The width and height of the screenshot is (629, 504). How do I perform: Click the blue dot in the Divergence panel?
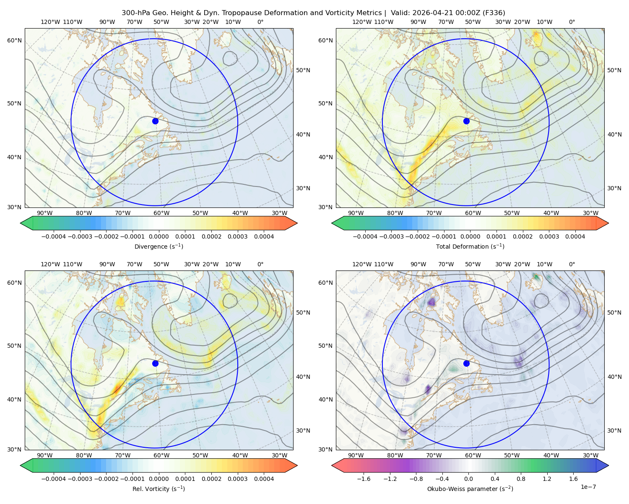coord(155,121)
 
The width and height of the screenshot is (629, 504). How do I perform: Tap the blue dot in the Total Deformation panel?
coord(466,121)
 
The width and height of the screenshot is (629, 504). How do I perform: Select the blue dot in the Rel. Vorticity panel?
coord(155,363)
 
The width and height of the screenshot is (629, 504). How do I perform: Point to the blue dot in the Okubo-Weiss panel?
coord(466,363)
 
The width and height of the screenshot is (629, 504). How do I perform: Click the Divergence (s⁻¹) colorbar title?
coord(159,246)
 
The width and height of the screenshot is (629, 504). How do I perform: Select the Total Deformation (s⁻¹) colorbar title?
coord(470,246)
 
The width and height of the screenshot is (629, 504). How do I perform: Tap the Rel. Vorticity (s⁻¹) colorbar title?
coord(159,488)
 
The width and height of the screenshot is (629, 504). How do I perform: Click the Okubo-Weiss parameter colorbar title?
coord(470,488)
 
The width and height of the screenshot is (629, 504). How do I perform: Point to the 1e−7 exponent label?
coord(588,487)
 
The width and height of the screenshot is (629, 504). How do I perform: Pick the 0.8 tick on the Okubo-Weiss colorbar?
coord(521,478)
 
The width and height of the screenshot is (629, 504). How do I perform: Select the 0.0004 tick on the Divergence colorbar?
coord(264,236)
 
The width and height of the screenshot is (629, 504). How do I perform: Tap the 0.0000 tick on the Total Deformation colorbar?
coord(470,236)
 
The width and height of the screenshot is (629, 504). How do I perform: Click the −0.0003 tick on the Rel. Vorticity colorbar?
coord(80,478)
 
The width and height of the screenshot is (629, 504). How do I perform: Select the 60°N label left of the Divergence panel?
coord(14,40)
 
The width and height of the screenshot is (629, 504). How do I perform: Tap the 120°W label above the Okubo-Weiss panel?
coord(361,264)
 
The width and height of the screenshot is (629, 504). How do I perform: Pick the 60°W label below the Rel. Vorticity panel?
coord(161,455)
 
